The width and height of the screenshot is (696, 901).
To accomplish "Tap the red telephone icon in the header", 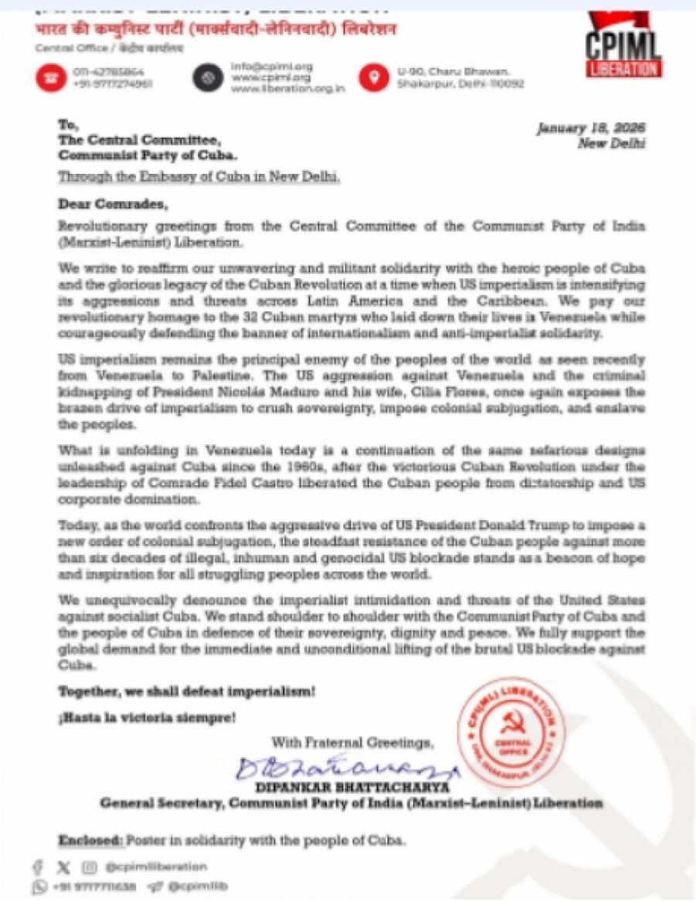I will pyautogui.click(x=49, y=77).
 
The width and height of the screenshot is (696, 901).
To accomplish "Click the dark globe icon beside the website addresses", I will pyautogui.click(x=207, y=77).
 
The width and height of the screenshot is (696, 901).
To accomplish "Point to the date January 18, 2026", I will pyautogui.click(x=592, y=128).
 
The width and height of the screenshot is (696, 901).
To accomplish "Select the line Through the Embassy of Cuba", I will pyautogui.click(x=200, y=177).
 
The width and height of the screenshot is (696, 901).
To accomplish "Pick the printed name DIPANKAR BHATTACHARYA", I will pyautogui.click(x=351, y=788).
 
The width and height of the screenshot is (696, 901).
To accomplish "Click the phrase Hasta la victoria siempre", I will pyautogui.click(x=147, y=717).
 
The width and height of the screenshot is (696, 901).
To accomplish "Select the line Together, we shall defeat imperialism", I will pyautogui.click(x=186, y=690).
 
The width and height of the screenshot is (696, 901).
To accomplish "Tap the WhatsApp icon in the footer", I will pyautogui.click(x=39, y=886).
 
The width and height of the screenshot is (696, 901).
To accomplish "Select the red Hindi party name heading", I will pyautogui.click(x=216, y=30).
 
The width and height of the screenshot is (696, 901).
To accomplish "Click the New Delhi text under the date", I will pyautogui.click(x=612, y=143).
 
